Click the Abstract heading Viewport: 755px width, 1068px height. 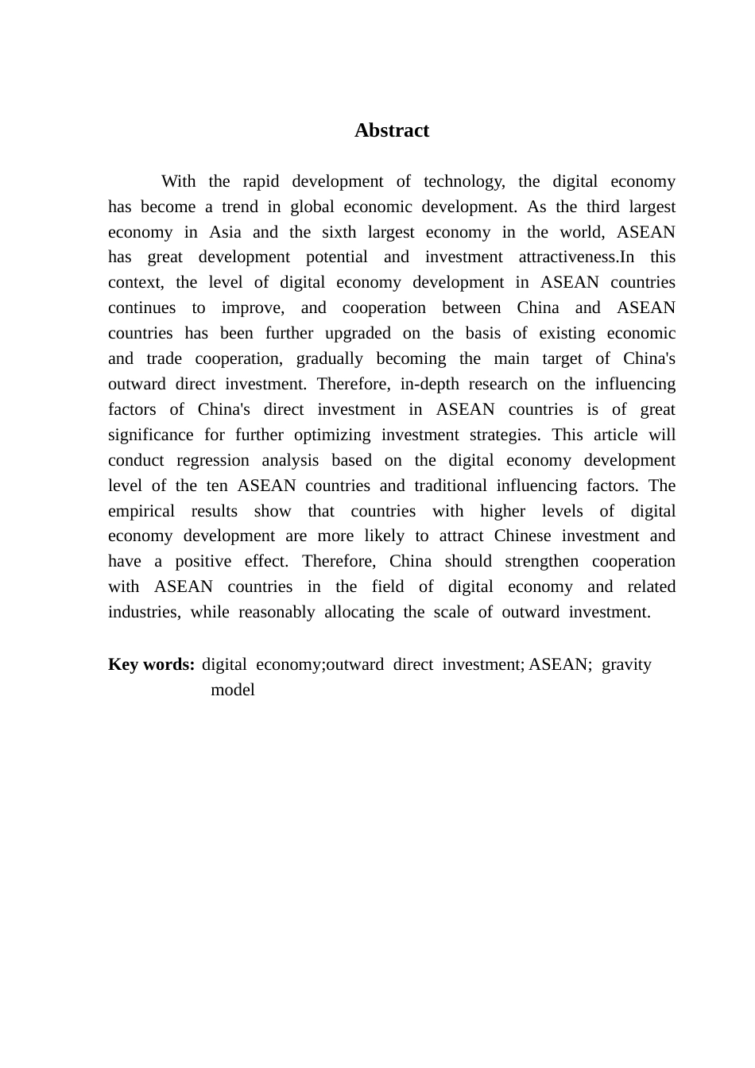point(392,130)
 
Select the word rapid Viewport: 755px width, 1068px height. point(261,181)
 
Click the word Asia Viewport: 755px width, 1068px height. point(225,232)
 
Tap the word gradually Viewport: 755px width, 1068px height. point(330,358)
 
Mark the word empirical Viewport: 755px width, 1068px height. point(141,511)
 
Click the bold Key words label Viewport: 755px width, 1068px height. point(151,664)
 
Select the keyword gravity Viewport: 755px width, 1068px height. point(626,664)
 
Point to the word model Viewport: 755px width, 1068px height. point(233,690)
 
